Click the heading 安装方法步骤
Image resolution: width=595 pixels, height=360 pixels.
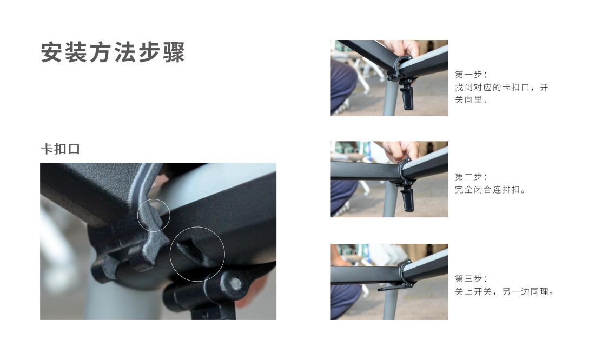pyautogui.click(x=113, y=52)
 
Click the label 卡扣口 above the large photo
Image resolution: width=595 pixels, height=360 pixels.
pyautogui.click(x=61, y=149)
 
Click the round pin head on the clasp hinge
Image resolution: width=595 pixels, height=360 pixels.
pyautogui.click(x=235, y=283)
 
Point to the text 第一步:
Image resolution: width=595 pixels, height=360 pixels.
pyautogui.click(x=471, y=75)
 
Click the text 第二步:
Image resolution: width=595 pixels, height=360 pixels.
pyautogui.click(x=471, y=177)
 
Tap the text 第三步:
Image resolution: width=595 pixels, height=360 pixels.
pyautogui.click(x=471, y=279)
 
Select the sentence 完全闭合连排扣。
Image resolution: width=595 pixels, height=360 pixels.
pyautogui.click(x=490, y=190)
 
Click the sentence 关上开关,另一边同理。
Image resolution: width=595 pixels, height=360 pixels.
pyautogui.click(x=505, y=292)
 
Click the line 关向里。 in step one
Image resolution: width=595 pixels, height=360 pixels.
pyautogui.click(x=471, y=100)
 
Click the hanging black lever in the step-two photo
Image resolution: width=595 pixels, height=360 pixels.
pyautogui.click(x=408, y=197)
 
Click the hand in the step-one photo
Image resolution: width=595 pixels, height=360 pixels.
pyautogui.click(x=402, y=49)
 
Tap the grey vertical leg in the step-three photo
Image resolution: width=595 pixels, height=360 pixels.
pyautogui.click(x=390, y=303)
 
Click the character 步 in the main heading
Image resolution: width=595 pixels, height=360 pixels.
pyautogui.click(x=149, y=52)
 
